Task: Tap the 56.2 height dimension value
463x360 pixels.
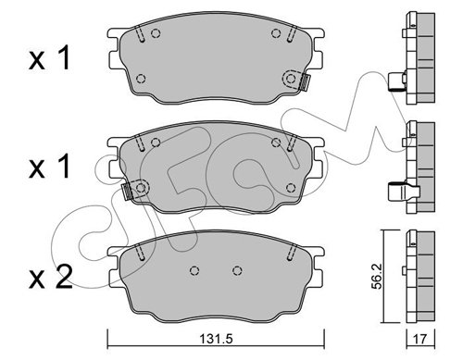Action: tap(377, 276)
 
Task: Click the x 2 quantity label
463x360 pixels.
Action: tap(50, 277)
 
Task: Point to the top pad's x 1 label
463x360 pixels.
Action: tap(49, 57)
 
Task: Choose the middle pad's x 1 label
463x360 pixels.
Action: tap(49, 167)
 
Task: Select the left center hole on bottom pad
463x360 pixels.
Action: tap(194, 270)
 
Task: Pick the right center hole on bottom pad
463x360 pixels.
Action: tap(237, 270)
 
